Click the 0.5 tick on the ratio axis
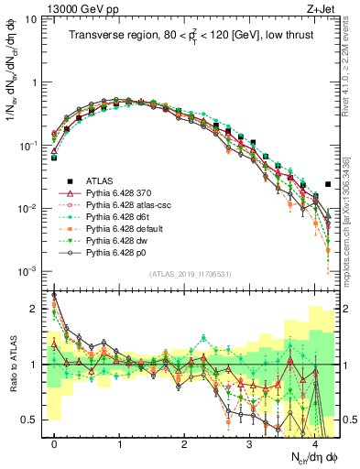[32, 420]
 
